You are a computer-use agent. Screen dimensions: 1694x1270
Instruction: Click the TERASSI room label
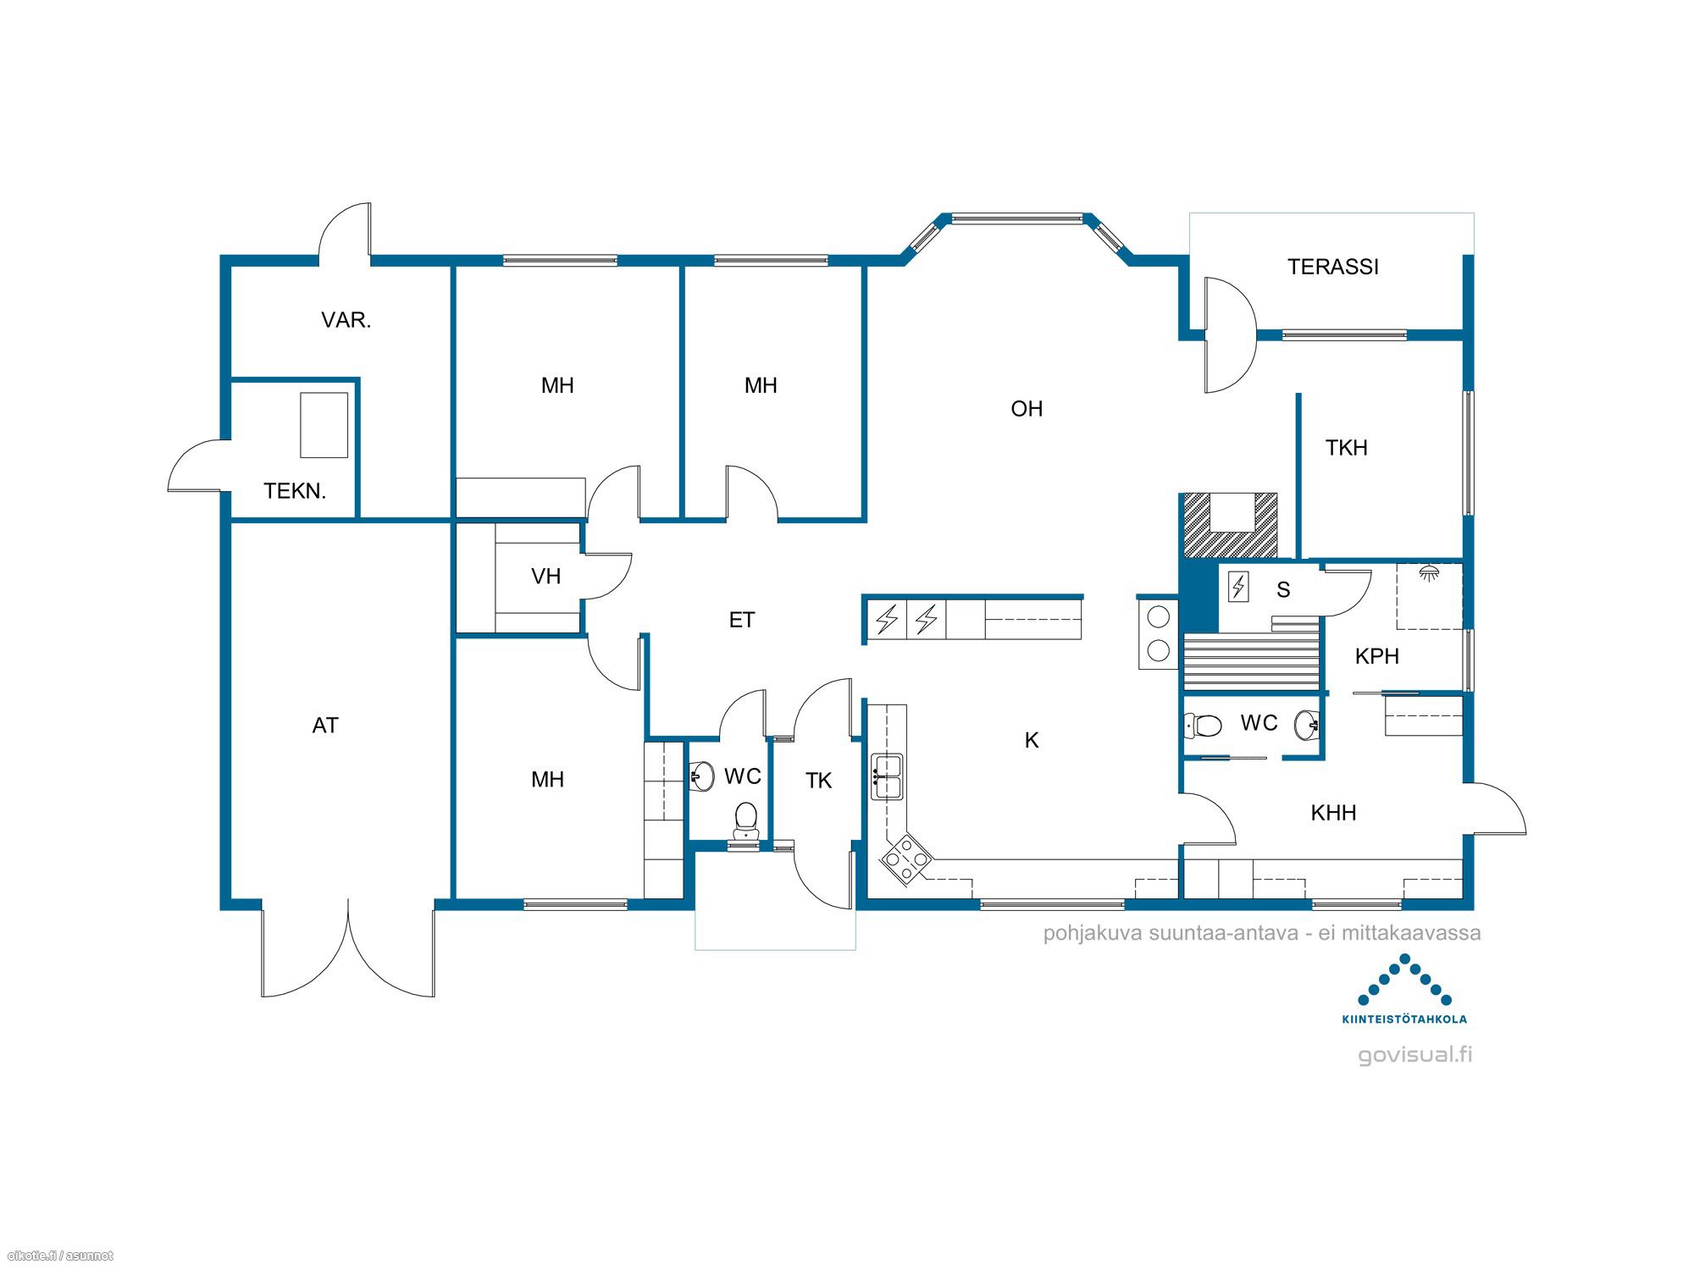tap(1333, 267)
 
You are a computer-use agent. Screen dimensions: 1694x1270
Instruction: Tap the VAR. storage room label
tap(346, 320)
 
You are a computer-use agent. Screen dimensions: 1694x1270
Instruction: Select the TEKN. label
tap(295, 491)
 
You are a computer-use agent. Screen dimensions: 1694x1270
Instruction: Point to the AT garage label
tap(325, 726)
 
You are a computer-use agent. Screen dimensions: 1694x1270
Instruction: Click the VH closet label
tap(545, 577)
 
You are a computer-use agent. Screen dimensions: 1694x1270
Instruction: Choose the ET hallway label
tap(741, 621)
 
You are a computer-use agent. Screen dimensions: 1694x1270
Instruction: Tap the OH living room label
tap(1027, 409)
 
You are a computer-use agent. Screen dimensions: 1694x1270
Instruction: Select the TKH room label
tap(1346, 448)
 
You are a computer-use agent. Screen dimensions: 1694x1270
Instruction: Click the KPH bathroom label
tap(1376, 656)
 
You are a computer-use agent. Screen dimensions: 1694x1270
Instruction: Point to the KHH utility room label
tap(1333, 813)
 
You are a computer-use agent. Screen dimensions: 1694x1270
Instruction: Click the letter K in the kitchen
tap(1032, 741)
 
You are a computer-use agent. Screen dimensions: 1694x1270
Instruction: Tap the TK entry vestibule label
tap(818, 781)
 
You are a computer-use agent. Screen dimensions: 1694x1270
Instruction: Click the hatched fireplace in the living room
tap(1230, 525)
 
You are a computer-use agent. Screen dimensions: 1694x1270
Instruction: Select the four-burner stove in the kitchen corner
tap(905, 859)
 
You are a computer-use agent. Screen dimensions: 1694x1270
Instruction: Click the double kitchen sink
tap(887, 776)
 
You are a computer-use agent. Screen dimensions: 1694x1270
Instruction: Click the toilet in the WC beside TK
tap(745, 820)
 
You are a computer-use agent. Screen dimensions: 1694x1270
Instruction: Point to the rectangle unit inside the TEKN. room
tap(324, 425)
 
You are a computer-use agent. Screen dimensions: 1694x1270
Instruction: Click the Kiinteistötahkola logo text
tap(1404, 1019)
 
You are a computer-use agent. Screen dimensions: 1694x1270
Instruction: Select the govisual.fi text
tap(1415, 1055)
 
